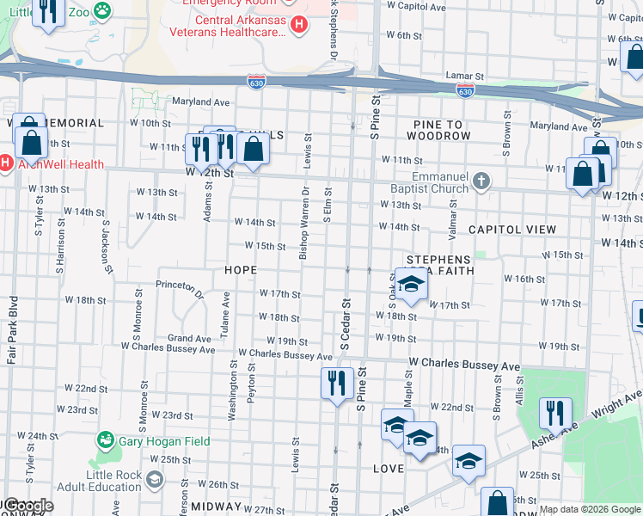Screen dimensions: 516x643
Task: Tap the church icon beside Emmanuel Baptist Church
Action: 481,181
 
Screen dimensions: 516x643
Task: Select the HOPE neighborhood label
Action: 241,270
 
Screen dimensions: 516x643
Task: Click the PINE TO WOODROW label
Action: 438,131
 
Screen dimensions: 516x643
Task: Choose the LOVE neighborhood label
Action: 389,469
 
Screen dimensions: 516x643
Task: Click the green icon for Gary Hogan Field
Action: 106,440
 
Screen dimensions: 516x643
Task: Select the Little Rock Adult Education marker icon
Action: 155,479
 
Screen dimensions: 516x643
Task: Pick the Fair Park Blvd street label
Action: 12,330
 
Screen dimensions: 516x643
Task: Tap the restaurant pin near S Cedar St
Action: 336,381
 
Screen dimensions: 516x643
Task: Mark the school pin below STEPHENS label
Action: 412,286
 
